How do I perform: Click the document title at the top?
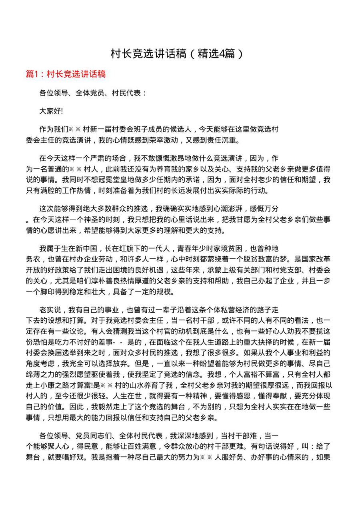[176, 54]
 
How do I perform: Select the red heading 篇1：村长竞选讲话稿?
[66, 74]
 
